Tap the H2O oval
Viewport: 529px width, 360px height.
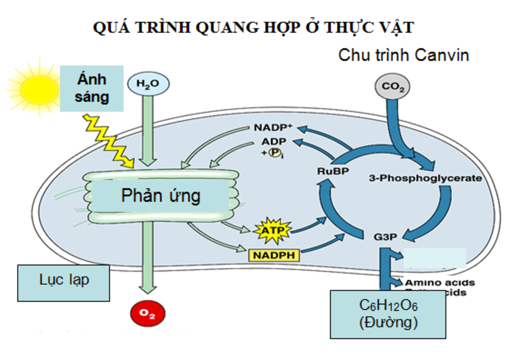[148, 84]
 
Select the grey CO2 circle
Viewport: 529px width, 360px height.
[393, 88]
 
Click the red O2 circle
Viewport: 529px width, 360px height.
[148, 314]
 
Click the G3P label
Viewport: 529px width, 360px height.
[384, 237]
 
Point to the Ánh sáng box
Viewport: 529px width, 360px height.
[92, 88]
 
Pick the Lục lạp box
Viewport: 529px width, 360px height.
[64, 281]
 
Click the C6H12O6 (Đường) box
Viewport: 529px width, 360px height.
[388, 314]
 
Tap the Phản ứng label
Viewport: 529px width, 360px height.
[161, 196]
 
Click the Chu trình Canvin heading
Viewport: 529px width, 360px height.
[403, 55]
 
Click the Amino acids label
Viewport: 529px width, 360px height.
[440, 283]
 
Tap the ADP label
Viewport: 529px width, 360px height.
[273, 141]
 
